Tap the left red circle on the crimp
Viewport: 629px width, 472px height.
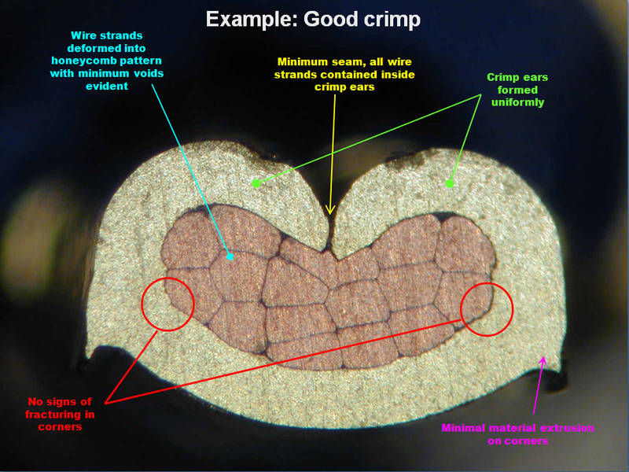(167, 304)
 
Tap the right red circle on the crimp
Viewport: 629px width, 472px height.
(486, 308)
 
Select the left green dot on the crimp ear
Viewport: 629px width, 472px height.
(256, 183)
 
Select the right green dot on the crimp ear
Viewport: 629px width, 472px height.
(450, 183)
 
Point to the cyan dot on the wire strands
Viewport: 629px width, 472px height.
(230, 256)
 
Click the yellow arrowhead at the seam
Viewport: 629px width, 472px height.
(331, 210)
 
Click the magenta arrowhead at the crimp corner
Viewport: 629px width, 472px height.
(543, 360)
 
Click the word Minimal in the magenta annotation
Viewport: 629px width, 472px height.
(467, 428)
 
